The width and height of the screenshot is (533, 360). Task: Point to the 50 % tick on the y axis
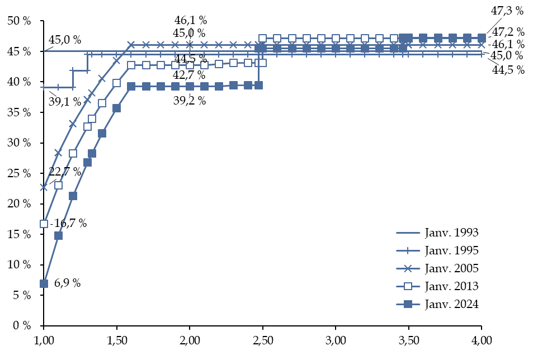click(19, 21)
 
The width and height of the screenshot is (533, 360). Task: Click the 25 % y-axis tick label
click(19, 173)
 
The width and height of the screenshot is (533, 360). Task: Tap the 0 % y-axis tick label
click(22, 326)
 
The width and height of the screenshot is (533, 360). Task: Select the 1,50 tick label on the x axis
click(116, 340)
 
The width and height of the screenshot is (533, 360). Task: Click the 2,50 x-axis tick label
click(262, 340)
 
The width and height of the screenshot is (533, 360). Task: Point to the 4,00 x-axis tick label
click(482, 340)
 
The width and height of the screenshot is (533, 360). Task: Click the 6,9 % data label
click(67, 283)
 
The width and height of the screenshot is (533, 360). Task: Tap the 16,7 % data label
click(70, 223)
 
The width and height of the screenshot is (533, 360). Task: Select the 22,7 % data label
click(65, 172)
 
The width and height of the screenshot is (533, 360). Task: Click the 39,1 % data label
click(65, 101)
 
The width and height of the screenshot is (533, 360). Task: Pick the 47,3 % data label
click(507, 11)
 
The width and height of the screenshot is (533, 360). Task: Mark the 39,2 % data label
click(190, 101)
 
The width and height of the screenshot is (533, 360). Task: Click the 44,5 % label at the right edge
click(508, 70)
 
